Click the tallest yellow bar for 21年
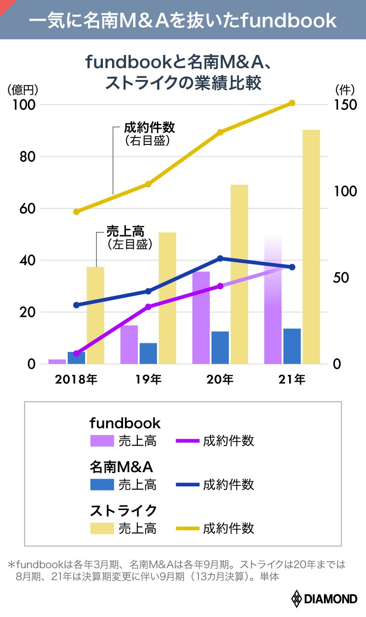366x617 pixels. [311, 247]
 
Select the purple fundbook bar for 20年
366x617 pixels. [201, 318]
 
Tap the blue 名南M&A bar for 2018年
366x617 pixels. [76, 358]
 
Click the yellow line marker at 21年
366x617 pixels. [292, 103]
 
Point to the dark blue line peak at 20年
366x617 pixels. [220, 259]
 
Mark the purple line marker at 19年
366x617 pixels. [148, 307]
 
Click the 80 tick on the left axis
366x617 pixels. [27, 157]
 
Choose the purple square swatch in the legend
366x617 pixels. [102, 441]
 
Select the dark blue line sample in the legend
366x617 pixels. [187, 484]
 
